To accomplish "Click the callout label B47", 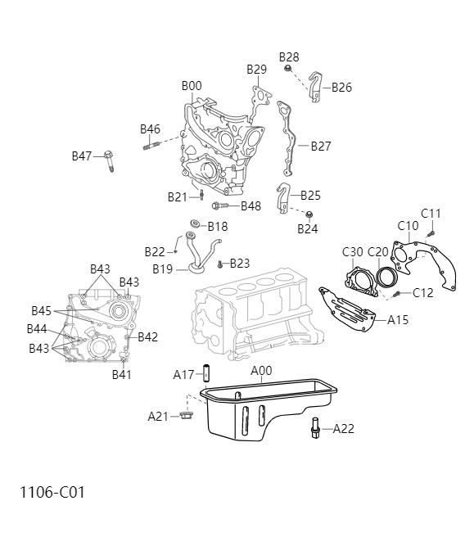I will click(x=82, y=156).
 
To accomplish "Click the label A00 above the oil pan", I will click(x=261, y=371).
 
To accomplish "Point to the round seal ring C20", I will click(x=381, y=281).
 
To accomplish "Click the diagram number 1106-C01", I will click(x=52, y=493).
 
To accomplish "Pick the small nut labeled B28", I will click(x=289, y=70).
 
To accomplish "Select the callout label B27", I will click(x=320, y=147).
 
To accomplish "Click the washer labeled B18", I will click(x=196, y=226).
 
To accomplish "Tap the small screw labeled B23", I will click(x=220, y=264).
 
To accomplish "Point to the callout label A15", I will click(x=398, y=319).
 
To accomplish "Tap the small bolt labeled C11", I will click(x=431, y=232).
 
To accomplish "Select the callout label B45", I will click(x=42, y=310).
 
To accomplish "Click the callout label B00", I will click(x=191, y=86).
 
